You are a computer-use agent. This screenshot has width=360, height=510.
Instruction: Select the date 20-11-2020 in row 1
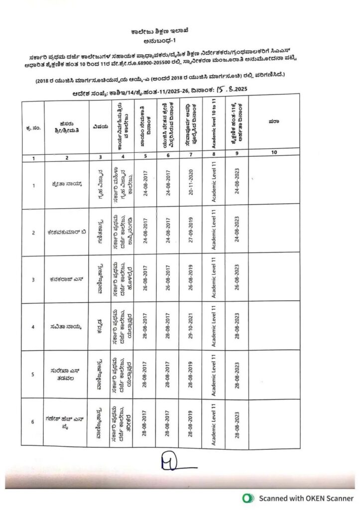(x=191, y=185)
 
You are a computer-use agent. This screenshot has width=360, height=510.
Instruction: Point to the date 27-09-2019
(x=191, y=232)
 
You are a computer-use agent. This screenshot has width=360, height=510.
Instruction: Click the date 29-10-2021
(x=191, y=326)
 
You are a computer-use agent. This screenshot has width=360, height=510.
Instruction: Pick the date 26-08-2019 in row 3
(x=191, y=279)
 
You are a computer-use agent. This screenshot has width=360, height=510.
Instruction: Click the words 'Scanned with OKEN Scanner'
(x=305, y=498)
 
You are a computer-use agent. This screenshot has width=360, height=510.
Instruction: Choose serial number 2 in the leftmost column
(x=33, y=233)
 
